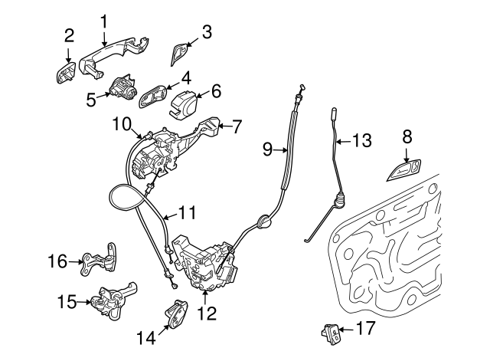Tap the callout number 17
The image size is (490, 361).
[366, 330]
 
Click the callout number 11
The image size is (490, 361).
[188, 212]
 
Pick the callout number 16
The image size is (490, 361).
[57, 262]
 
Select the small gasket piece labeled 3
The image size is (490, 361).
[180, 55]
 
